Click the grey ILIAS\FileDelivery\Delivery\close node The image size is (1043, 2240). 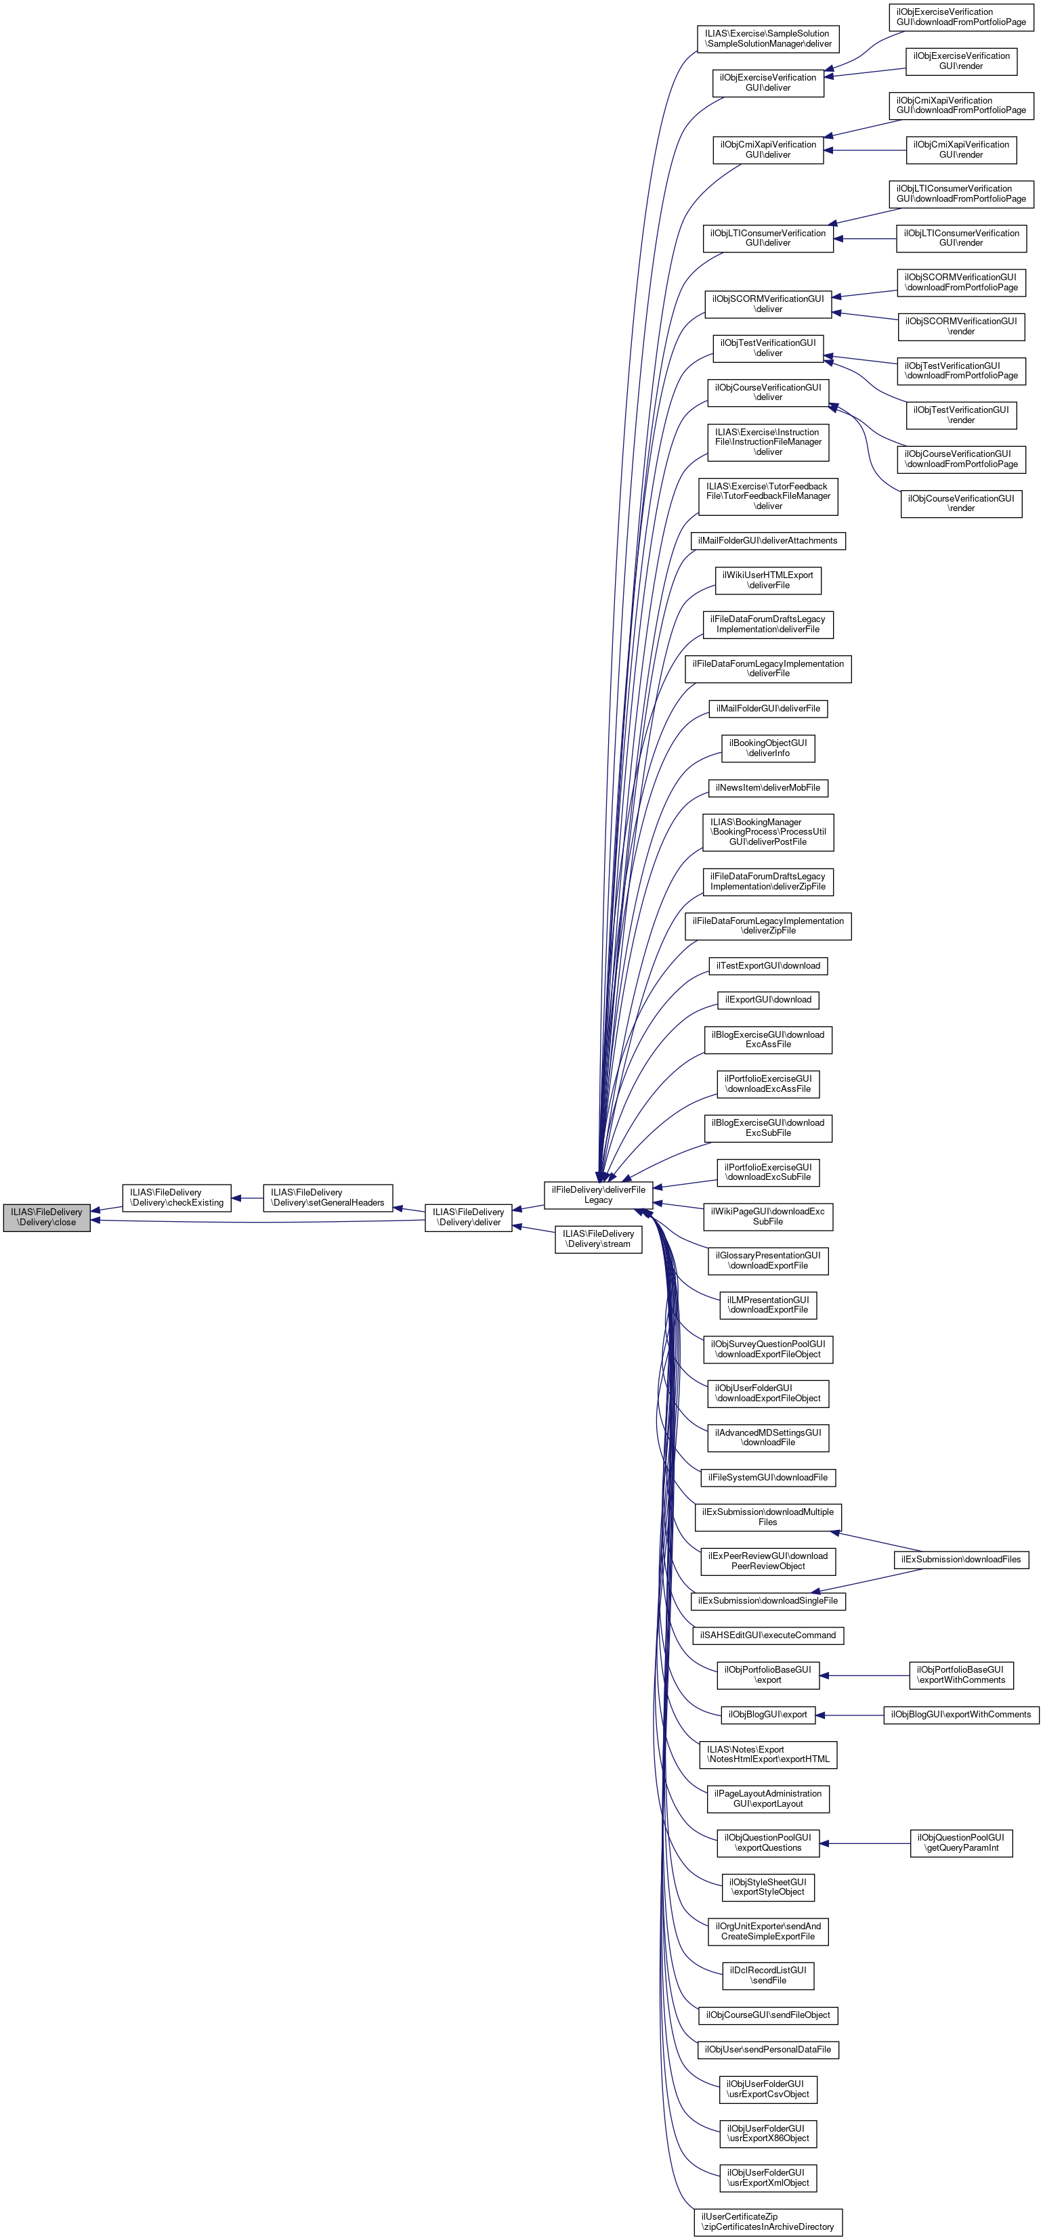tap(46, 1216)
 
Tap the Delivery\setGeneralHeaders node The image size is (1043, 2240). tap(327, 1198)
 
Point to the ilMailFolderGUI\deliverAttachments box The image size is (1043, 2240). tap(767, 541)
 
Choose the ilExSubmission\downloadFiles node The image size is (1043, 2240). tap(960, 1559)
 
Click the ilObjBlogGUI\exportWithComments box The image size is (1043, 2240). tap(960, 1715)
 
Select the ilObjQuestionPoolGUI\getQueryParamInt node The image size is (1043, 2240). tap(961, 1843)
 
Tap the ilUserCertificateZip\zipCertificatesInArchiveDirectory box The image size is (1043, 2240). tap(767, 2222)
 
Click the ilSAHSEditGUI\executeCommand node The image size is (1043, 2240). tap(767, 1635)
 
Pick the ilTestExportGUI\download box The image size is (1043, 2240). tap(767, 965)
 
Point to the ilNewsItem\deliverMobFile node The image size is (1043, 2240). tap(767, 788)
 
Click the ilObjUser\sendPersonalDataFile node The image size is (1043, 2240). tap(767, 2050)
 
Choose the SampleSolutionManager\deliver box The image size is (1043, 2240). tap(767, 39)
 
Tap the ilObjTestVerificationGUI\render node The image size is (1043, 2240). tap(960, 415)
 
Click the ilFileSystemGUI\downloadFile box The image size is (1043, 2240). tap(767, 1477)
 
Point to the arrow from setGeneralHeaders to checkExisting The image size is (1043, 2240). tap(247, 1198)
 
